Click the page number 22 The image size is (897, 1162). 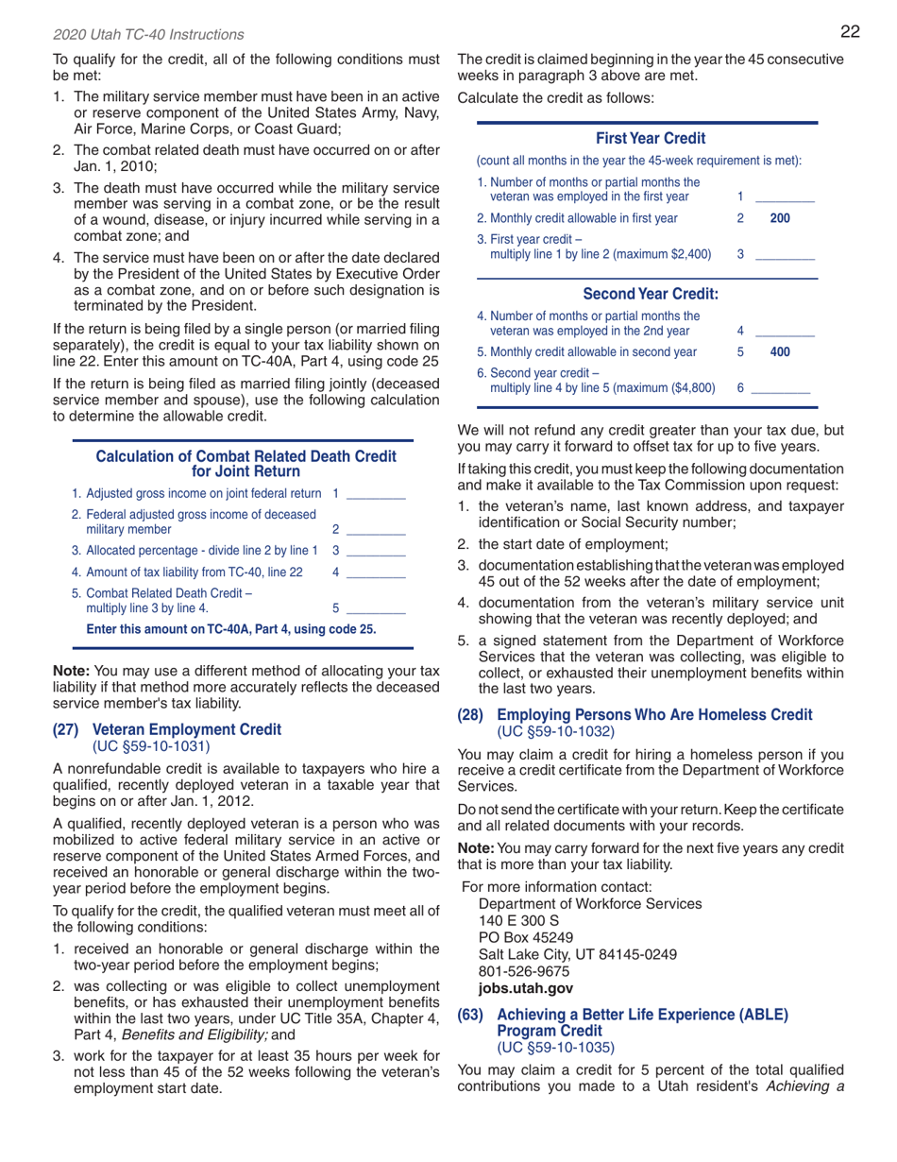tap(849, 31)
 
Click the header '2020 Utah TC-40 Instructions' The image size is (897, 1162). tap(135, 35)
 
